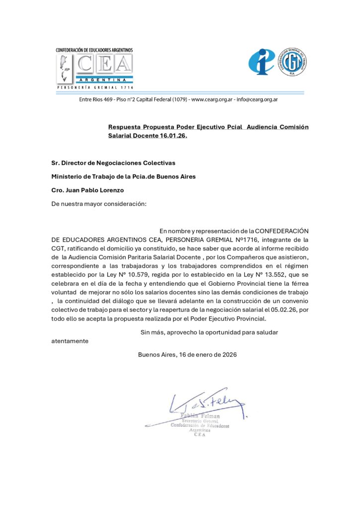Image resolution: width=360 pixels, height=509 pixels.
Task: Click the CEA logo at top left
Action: [x=94, y=69]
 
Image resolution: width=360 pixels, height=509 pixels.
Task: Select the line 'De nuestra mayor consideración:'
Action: [x=99, y=203]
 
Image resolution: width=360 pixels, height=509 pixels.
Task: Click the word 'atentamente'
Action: [x=70, y=341]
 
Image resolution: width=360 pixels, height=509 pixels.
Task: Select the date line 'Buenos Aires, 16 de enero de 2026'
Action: [x=187, y=354]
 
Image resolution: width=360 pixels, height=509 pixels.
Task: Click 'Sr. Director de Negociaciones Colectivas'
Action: [x=113, y=163]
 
